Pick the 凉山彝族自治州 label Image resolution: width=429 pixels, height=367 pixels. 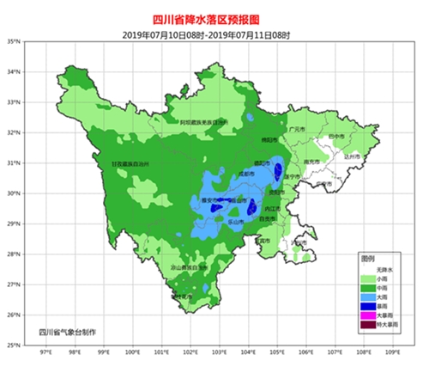pyautogui.click(x=187, y=267)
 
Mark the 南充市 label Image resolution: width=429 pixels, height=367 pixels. pyautogui.click(x=311, y=162)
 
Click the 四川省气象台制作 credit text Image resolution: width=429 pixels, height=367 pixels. pyautogui.click(x=68, y=332)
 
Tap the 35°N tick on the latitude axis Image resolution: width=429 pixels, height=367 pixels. pyautogui.click(x=13, y=41)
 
